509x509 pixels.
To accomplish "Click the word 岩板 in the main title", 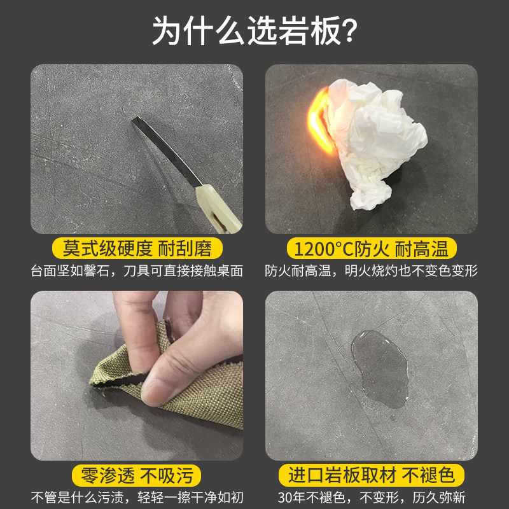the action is click(x=309, y=31).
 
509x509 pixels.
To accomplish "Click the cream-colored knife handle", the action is click(x=218, y=209).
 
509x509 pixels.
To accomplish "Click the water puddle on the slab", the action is click(x=380, y=368).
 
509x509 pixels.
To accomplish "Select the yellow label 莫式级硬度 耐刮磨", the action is click(x=137, y=248).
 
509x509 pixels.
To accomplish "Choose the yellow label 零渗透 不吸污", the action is click(x=136, y=475).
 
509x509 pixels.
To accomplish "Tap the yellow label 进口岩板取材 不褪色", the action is click(x=372, y=475).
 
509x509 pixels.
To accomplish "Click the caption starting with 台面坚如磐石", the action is click(x=137, y=271).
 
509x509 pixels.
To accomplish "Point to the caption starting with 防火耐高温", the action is click(x=371, y=271).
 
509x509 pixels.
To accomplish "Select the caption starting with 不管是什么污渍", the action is click(x=137, y=498).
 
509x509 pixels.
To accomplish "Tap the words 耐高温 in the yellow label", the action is click(x=421, y=249).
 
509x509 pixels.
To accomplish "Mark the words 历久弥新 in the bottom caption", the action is click(x=439, y=498).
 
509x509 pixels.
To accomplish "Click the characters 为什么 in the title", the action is click(x=198, y=31).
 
